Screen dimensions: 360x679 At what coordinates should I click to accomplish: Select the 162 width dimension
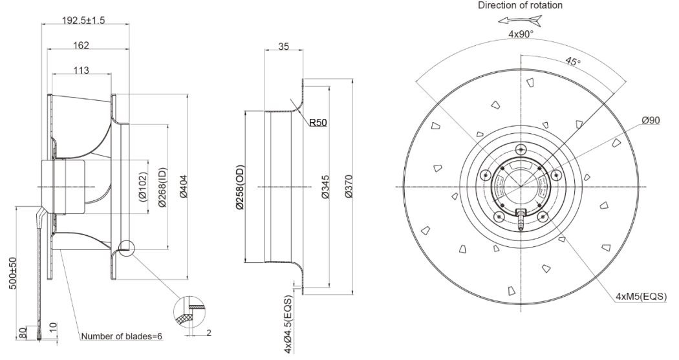pos(81,45)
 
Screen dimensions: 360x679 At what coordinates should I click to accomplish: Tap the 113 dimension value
pos(81,70)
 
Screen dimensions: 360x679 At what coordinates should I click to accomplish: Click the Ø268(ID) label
pos(164,187)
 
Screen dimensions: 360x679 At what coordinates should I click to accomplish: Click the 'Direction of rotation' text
pos(520,6)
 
